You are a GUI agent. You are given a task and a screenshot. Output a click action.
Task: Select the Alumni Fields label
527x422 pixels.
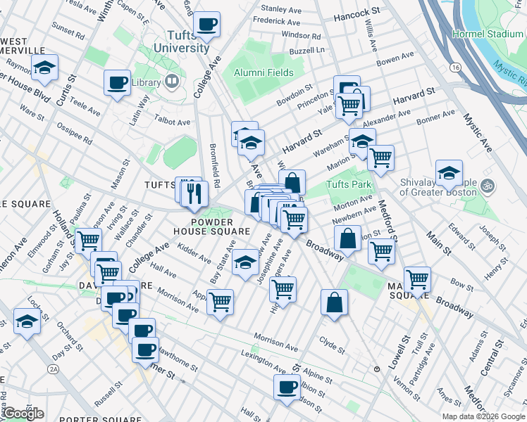coord(263,72)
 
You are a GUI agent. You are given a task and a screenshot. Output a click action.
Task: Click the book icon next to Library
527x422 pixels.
coord(172,82)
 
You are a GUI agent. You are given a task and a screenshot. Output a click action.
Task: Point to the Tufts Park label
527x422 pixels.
coord(347,186)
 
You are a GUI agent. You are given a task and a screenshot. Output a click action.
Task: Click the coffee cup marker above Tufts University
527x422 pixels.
coord(207,25)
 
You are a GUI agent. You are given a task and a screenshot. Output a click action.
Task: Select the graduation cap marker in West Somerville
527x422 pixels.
coord(45,69)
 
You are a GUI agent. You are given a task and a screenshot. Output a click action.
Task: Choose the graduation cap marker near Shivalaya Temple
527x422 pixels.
coord(449,173)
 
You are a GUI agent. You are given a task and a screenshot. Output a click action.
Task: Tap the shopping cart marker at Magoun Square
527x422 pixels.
coord(417,279)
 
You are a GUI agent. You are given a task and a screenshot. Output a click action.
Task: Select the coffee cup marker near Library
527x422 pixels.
coord(117,83)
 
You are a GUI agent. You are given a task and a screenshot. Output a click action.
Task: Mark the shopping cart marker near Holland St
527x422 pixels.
coord(88,241)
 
